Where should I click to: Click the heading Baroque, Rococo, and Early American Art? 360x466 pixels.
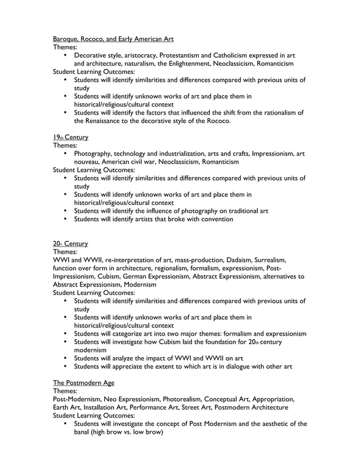(x=113, y=39)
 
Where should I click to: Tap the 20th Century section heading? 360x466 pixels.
(x=71, y=244)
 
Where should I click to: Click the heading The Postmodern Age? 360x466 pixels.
(x=84, y=383)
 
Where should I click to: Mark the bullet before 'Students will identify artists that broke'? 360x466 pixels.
(x=66, y=219)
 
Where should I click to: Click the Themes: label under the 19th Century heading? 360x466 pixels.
(x=65, y=146)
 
